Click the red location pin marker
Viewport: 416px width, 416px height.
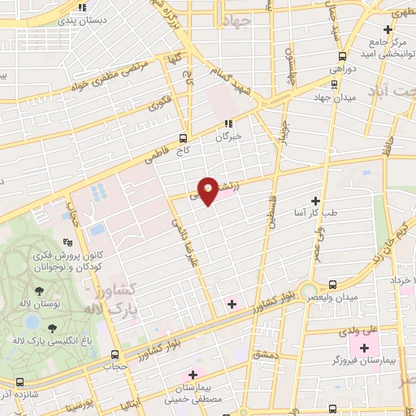(208, 191)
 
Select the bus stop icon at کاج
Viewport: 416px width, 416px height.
(183, 137)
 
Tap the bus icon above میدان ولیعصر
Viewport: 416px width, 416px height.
(331, 284)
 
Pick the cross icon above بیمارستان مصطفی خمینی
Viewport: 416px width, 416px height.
(193, 375)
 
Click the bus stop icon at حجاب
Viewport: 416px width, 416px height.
(115, 354)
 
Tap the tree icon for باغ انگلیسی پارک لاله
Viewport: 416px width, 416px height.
(53, 328)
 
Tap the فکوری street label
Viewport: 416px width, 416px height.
(158, 104)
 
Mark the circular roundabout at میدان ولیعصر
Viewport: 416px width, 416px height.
(308, 291)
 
